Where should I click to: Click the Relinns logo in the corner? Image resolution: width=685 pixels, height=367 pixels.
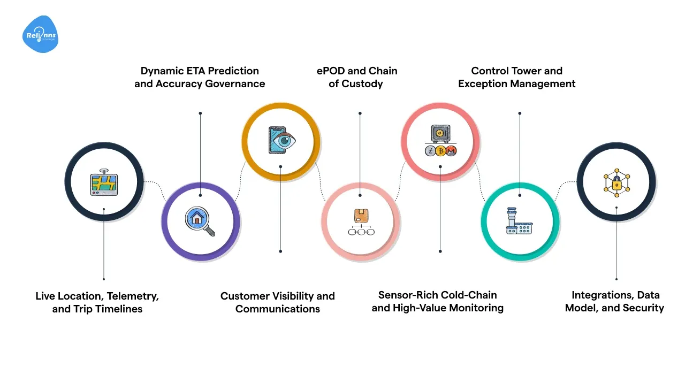(x=40, y=34)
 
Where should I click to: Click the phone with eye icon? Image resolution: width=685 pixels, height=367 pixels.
(x=281, y=141)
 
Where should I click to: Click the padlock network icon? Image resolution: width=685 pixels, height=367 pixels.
(x=616, y=182)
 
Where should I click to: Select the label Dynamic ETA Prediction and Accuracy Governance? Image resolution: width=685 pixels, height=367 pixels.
(x=200, y=77)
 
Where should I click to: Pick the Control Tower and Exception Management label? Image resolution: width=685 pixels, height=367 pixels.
(x=516, y=77)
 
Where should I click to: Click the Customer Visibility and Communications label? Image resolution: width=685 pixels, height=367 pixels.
(x=277, y=302)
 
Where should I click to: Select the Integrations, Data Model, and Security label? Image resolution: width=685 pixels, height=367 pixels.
(x=615, y=301)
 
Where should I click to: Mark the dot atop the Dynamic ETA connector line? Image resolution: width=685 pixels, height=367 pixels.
(x=200, y=113)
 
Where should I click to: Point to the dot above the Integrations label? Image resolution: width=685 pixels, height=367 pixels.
(x=616, y=279)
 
